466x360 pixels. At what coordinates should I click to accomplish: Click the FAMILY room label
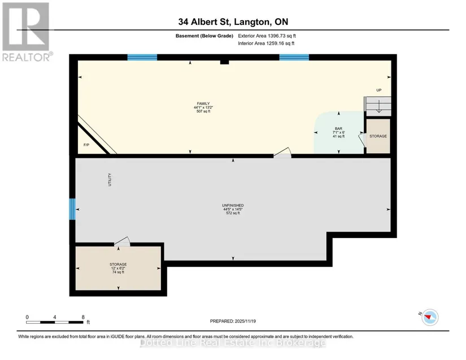click(203, 103)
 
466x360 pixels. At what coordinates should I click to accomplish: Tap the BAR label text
click(338, 128)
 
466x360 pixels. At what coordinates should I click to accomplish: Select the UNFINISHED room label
click(233, 205)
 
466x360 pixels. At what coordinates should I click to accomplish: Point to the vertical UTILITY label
click(110, 180)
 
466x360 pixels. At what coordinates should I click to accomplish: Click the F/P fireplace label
click(86, 145)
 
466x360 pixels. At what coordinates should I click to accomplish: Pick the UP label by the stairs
click(379, 90)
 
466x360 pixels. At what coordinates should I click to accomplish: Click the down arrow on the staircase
click(379, 106)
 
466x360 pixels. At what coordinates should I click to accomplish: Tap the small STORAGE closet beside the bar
click(378, 136)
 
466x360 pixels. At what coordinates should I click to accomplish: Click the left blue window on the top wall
click(142, 58)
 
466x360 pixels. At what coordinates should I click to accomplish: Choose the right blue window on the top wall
click(294, 58)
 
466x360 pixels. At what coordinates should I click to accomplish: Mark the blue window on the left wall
click(72, 209)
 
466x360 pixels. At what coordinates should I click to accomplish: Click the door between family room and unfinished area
click(282, 153)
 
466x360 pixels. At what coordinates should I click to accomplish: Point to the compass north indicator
click(430, 317)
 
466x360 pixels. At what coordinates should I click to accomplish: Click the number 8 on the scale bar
click(83, 317)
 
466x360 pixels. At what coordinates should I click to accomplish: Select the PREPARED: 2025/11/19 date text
click(233, 321)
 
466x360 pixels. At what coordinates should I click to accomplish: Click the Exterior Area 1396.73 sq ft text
click(267, 36)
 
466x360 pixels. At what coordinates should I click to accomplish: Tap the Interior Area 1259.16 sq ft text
click(266, 44)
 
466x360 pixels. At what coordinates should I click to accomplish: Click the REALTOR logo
click(27, 32)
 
